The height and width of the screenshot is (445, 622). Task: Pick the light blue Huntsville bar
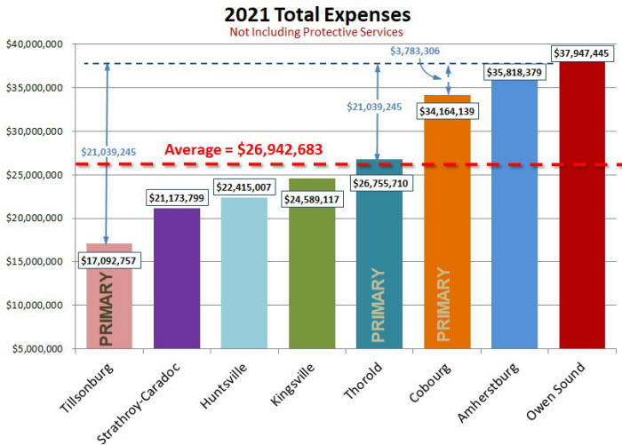[x=244, y=284]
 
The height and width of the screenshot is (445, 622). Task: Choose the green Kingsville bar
[x=312, y=275]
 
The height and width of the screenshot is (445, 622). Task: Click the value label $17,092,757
[x=109, y=261]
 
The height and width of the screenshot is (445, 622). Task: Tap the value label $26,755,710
[x=379, y=184]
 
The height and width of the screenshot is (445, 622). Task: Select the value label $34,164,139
[x=447, y=112]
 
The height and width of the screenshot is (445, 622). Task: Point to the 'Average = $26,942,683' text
[x=243, y=150]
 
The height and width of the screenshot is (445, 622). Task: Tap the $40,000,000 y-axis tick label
[x=35, y=44]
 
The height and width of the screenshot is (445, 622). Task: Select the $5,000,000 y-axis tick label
[x=37, y=348]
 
